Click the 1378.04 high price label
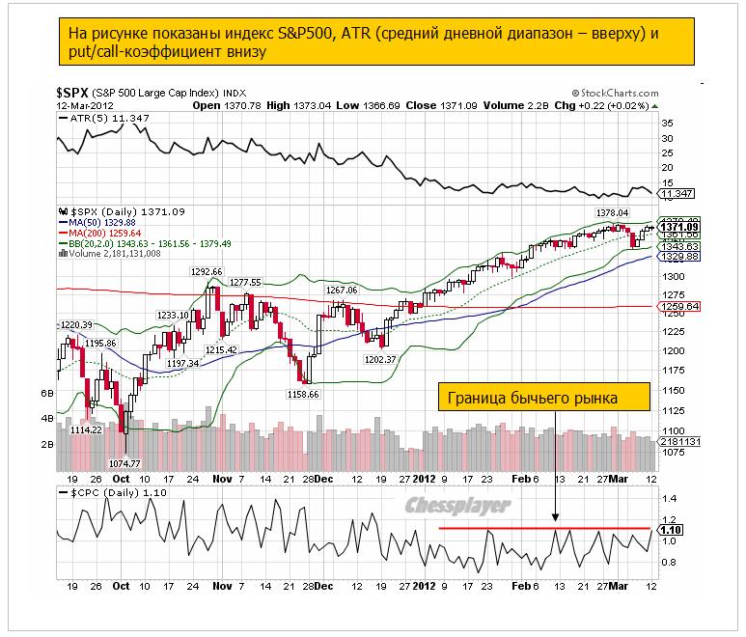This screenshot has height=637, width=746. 612,212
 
